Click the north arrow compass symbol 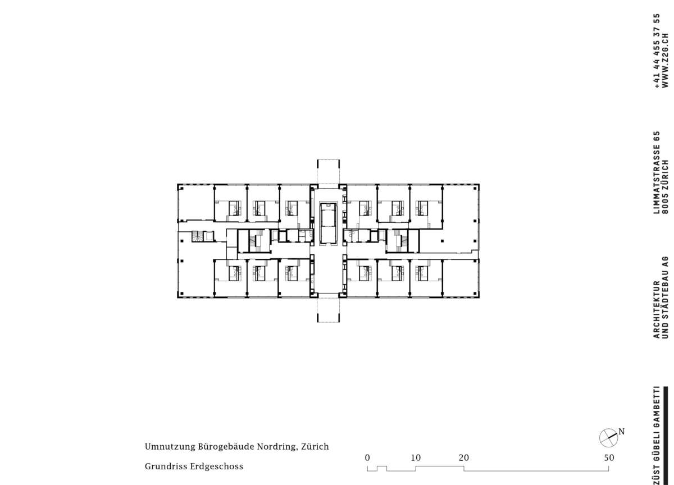coord(608,438)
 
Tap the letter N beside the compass coord(621,432)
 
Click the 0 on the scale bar coord(367,457)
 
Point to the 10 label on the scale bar coord(416,457)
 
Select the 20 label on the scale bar coord(464,457)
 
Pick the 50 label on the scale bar coord(609,457)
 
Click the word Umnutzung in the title coord(170,446)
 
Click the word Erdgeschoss coord(217,466)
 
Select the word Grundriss coord(166,466)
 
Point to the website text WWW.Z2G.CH coord(666,61)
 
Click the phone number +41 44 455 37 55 coord(657,51)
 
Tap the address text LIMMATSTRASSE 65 coord(657,172)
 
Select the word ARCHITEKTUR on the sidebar coord(657,310)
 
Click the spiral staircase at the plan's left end coord(197,236)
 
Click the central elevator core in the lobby coord(328,222)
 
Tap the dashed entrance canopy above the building coord(328,172)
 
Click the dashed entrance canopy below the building coord(328,310)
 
